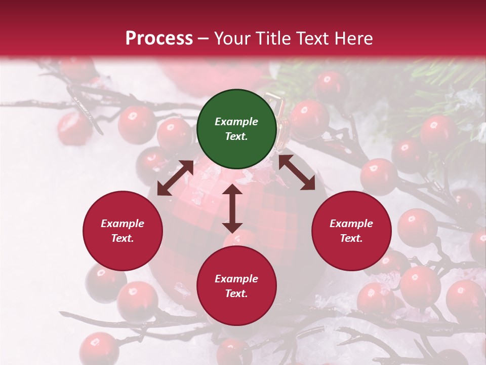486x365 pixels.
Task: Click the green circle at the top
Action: click(236, 129)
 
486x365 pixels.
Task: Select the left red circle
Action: click(123, 231)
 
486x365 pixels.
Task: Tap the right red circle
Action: click(351, 231)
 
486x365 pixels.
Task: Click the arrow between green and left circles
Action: click(175, 178)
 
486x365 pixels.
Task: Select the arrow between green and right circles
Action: click(297, 172)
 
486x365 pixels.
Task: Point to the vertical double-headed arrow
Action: click(232, 208)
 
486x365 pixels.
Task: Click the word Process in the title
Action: click(159, 39)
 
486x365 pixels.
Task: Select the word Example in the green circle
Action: click(236, 122)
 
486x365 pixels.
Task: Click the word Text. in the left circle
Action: click(123, 238)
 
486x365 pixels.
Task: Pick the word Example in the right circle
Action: click(351, 224)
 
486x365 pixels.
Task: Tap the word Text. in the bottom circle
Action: click(236, 294)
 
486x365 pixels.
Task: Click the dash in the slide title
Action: click(204, 39)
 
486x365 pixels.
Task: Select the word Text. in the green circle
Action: click(236, 136)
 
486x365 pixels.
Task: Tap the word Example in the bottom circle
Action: click(236, 279)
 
